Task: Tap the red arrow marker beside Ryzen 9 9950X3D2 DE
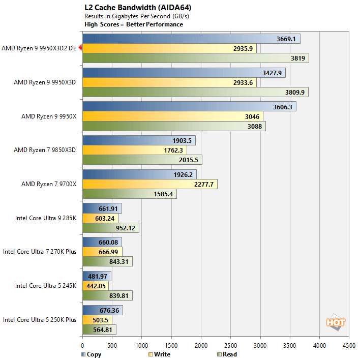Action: tap(80, 48)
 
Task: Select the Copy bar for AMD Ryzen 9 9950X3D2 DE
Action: tap(191, 39)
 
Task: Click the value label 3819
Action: tap(298, 58)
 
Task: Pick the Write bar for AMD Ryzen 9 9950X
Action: tap(172, 116)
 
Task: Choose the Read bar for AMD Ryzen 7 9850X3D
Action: tap(142, 160)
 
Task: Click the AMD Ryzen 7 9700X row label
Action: tap(49, 184)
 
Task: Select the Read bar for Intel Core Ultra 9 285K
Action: tap(110, 228)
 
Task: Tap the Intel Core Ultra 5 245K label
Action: tap(46, 286)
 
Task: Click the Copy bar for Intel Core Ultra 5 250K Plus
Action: tap(102, 310)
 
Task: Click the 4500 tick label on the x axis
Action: tap(349, 344)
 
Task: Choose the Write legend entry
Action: tap(159, 354)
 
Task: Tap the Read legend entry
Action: tap(226, 354)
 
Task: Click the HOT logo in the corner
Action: tap(336, 322)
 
